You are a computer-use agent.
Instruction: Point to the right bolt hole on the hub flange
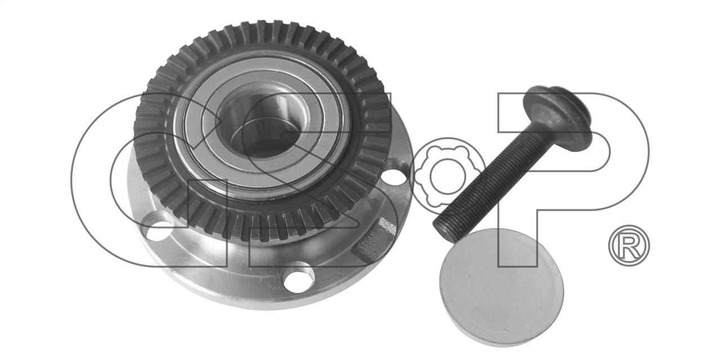point(394,176)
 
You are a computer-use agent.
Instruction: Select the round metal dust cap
point(501,287)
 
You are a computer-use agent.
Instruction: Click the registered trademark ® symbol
point(629,245)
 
